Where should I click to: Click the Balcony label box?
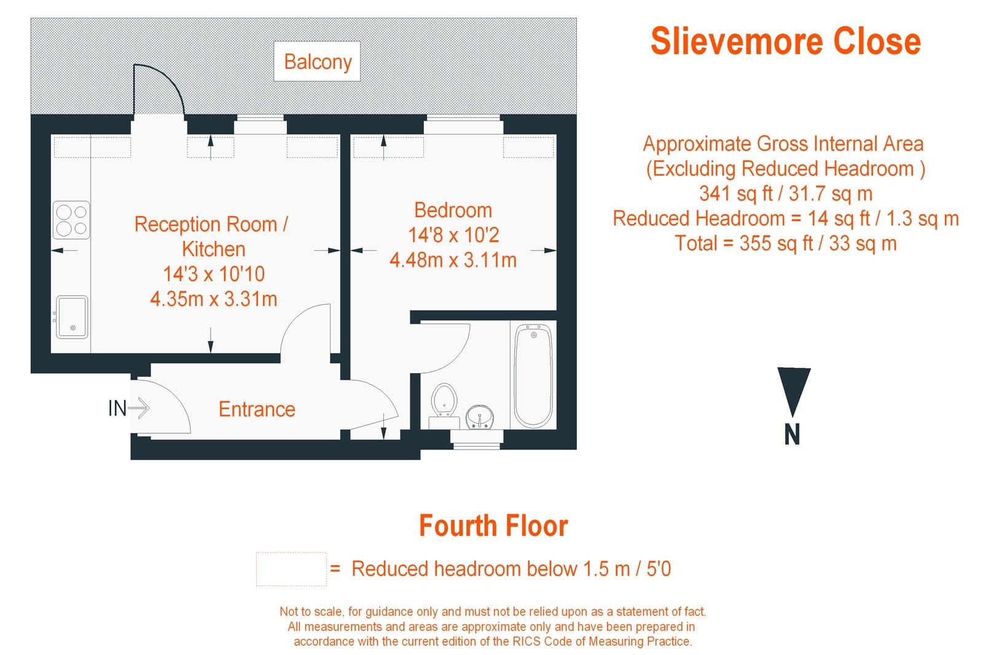tap(317, 61)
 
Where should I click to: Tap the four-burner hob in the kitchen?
tap(72, 220)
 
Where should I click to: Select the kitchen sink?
tap(72, 317)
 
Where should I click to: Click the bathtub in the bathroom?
tap(533, 376)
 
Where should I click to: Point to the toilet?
tap(444, 401)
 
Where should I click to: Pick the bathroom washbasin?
tap(479, 417)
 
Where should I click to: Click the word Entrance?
tap(257, 409)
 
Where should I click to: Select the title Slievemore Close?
tap(785, 41)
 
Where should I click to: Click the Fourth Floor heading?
tap(493, 527)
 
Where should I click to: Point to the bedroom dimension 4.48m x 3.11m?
tap(453, 261)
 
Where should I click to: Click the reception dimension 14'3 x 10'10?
tap(214, 274)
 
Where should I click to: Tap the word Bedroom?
tap(453, 210)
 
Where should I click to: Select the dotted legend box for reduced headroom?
tap(291, 569)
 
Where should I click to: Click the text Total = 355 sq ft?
tap(785, 243)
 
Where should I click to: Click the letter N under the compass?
tap(793, 435)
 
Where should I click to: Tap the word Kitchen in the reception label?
tap(214, 249)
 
